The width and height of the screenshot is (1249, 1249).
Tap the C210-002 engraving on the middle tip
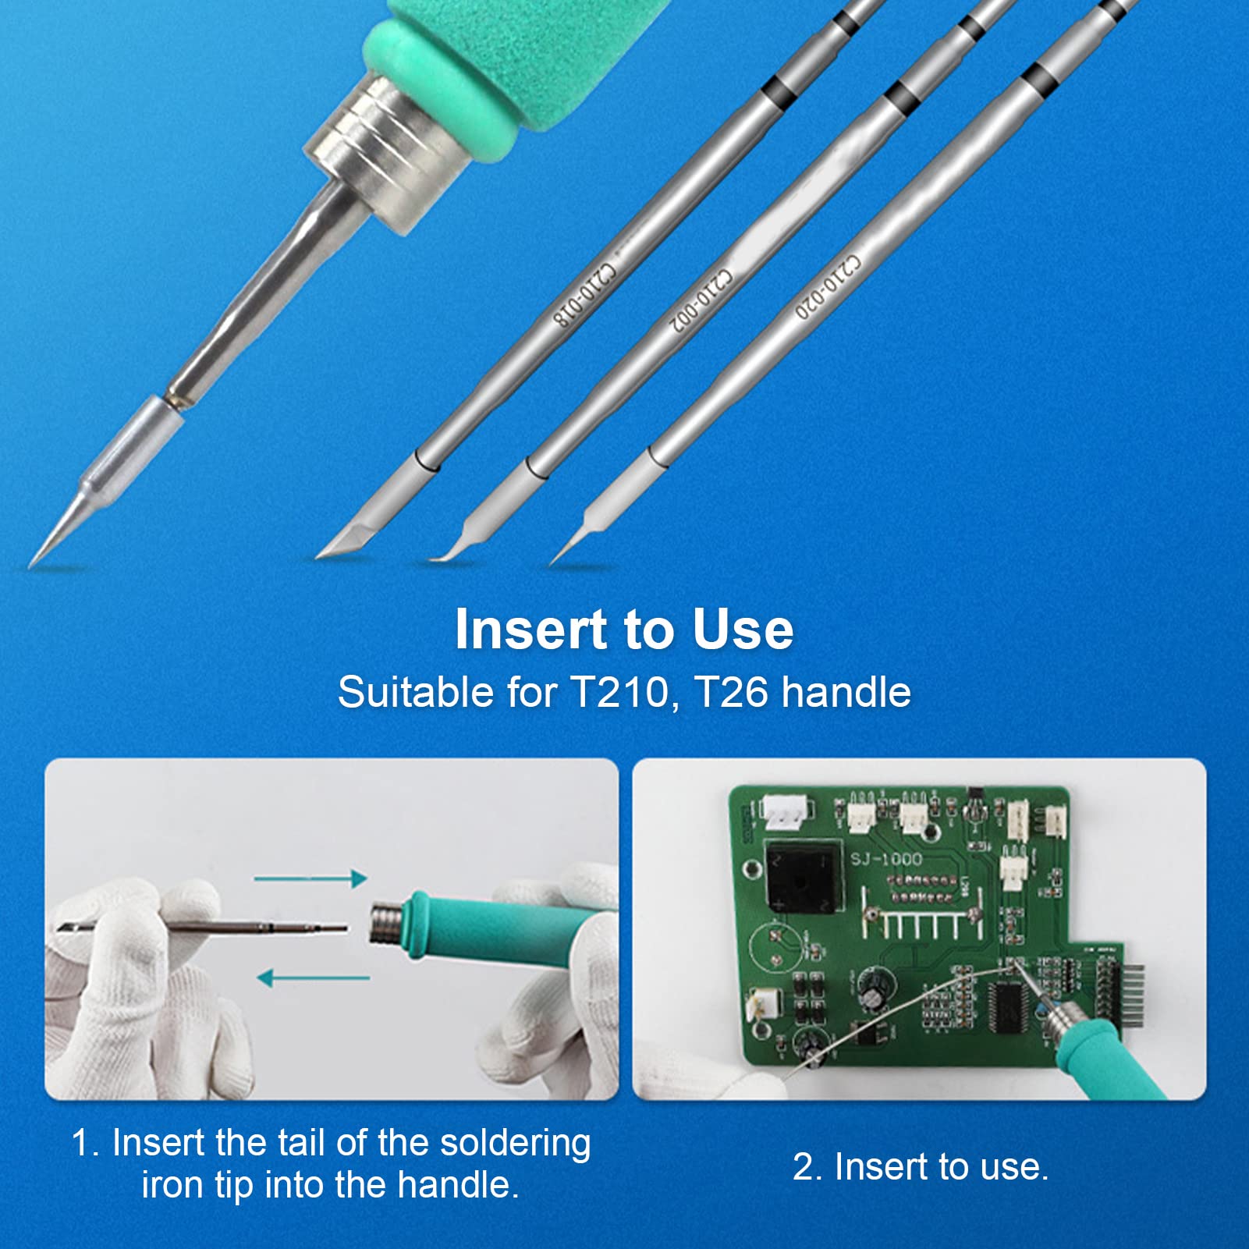tap(703, 300)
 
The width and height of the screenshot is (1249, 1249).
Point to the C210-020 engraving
tap(829, 286)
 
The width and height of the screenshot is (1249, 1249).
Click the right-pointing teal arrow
tap(310, 879)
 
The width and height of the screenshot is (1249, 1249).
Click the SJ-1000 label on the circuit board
tap(886, 859)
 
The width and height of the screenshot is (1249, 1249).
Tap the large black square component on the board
tap(803, 876)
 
